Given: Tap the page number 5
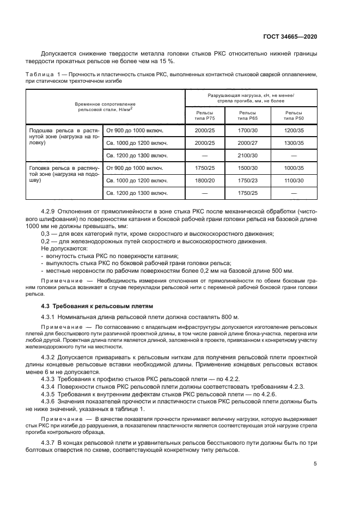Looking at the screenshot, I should [315, 464].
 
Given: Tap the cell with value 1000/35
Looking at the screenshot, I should [295, 169].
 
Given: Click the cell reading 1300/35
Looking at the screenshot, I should [295, 143].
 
